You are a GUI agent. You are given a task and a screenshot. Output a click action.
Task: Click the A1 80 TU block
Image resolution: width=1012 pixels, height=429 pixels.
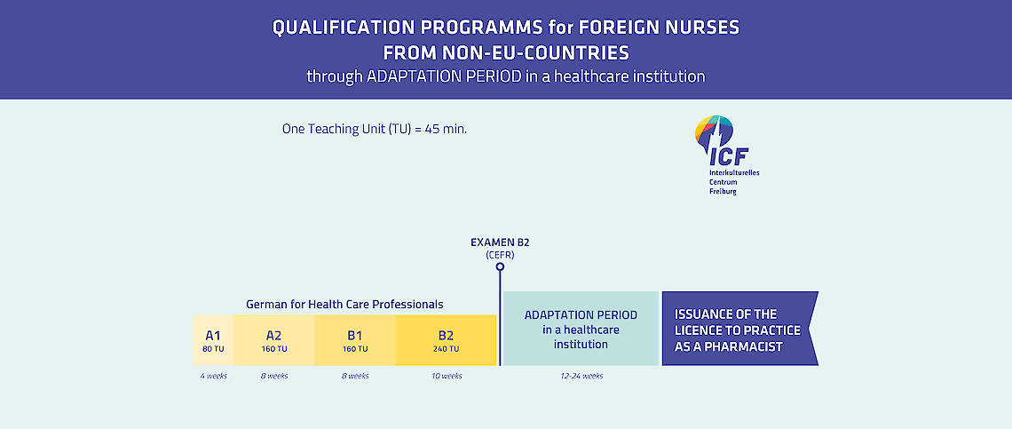pyautogui.click(x=213, y=340)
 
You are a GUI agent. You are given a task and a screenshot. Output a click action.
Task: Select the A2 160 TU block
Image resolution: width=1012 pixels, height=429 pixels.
pyautogui.click(x=274, y=340)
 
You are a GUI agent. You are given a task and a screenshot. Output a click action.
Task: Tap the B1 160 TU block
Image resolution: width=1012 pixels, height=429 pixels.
pyautogui.click(x=355, y=340)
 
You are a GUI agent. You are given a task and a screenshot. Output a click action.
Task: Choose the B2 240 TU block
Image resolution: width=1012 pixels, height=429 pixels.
pyautogui.click(x=446, y=340)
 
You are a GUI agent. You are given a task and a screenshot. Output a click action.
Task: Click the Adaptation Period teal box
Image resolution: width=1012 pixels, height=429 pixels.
pyautogui.click(x=581, y=329)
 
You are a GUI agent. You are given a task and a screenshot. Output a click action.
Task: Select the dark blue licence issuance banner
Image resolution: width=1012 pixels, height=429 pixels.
pyautogui.click(x=739, y=329)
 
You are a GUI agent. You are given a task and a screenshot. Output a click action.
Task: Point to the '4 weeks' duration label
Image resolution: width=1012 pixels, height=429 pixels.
pyautogui.click(x=213, y=376)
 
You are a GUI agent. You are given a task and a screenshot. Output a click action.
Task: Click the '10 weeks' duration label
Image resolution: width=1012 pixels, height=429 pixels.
pyautogui.click(x=447, y=376)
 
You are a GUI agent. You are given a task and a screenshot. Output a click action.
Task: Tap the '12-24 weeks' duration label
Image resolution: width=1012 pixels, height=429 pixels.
pyautogui.click(x=581, y=376)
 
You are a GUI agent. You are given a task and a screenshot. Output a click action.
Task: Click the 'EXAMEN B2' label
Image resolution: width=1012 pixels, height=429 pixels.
pyautogui.click(x=500, y=243)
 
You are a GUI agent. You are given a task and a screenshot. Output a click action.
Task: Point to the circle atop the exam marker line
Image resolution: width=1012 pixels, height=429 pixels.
pyautogui.click(x=500, y=266)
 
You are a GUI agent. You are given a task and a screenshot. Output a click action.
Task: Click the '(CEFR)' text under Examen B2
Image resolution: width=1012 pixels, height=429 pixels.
pyautogui.click(x=500, y=256)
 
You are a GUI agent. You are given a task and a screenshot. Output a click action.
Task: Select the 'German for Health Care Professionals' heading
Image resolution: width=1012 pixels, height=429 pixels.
pyautogui.click(x=344, y=304)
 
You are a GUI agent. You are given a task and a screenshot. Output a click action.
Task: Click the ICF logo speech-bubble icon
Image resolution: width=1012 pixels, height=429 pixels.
pyautogui.click(x=714, y=132)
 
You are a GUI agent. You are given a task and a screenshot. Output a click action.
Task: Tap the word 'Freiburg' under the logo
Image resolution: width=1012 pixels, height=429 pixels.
pyautogui.click(x=723, y=192)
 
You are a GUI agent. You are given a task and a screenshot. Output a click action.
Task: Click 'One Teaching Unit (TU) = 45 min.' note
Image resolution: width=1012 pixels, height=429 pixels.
pyautogui.click(x=375, y=129)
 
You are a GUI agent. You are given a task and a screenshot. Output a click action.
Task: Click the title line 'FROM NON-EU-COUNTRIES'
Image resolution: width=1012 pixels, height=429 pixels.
pyautogui.click(x=506, y=52)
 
